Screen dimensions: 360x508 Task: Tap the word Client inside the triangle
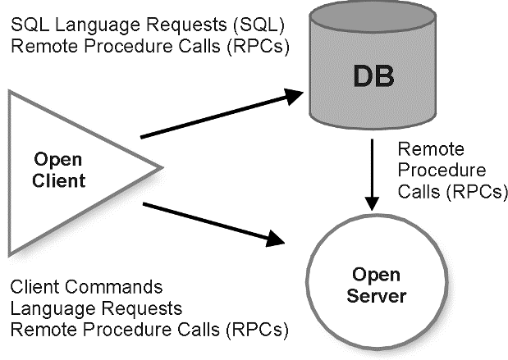pyautogui.click(x=62, y=180)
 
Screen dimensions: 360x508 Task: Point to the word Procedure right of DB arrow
pyautogui.click(x=442, y=171)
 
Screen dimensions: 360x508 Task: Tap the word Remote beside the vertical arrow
pyautogui.click(x=431, y=150)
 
